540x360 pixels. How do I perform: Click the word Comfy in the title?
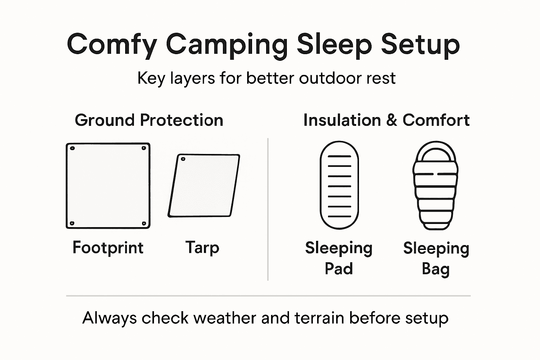112,45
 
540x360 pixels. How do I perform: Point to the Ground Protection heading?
149,120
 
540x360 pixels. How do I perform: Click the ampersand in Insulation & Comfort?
392,120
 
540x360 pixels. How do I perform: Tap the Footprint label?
108,247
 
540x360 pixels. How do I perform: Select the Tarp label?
202,247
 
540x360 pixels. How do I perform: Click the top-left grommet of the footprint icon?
72,148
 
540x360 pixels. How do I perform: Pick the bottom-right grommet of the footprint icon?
144,223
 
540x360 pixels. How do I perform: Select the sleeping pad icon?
339,185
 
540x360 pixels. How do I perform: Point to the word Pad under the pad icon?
339,269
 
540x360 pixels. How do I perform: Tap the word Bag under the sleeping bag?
436,269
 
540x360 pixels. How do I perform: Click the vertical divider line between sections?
268,210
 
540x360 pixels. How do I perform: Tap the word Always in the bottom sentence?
109,318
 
